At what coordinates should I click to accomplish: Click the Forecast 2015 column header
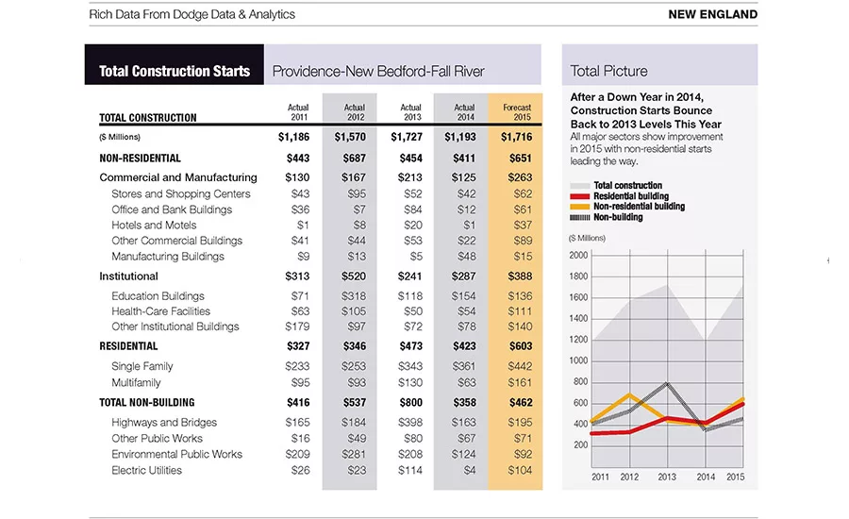click(x=517, y=112)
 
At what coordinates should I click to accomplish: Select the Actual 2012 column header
click(x=354, y=112)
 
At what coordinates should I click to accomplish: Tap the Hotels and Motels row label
click(x=154, y=225)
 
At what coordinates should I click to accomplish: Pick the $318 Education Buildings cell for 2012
click(x=354, y=295)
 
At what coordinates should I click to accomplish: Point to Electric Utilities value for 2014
click(x=470, y=470)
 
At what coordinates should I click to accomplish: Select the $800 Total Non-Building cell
click(x=410, y=403)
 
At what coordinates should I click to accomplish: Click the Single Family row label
click(x=141, y=366)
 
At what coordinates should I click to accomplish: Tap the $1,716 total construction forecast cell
click(x=517, y=137)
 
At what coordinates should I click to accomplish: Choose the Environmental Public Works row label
click(x=176, y=454)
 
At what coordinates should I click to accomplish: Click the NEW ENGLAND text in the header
click(x=712, y=15)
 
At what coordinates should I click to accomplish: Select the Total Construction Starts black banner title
click(x=175, y=71)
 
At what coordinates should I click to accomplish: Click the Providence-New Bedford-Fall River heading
click(x=378, y=71)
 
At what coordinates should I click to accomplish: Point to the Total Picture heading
click(x=608, y=71)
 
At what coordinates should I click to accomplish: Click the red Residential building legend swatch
click(x=579, y=196)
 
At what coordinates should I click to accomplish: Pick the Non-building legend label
click(x=618, y=217)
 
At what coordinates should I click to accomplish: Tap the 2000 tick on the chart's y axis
click(x=578, y=255)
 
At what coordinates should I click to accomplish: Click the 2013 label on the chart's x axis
click(x=667, y=477)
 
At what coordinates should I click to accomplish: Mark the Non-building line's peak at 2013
click(x=667, y=384)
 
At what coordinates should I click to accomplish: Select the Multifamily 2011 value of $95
click(x=300, y=382)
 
